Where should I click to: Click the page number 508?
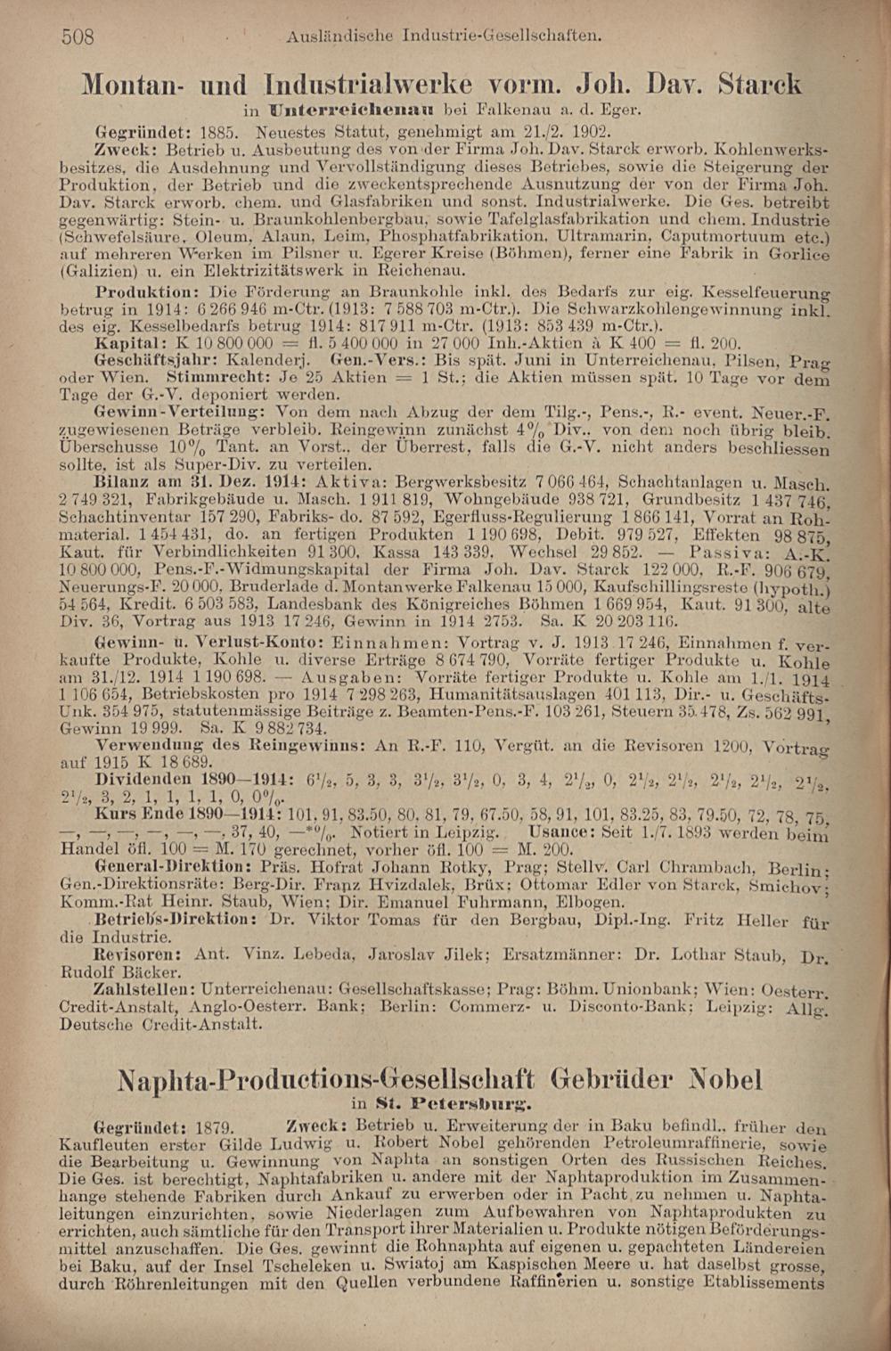click(78, 37)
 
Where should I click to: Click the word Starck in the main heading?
click(759, 85)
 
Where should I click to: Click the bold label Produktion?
click(149, 291)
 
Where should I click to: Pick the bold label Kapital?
click(130, 343)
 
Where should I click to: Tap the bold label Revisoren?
click(139, 954)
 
